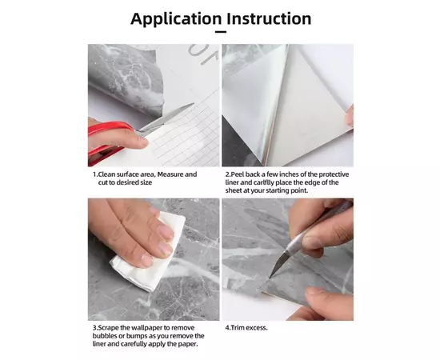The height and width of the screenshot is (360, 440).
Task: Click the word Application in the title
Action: [x=176, y=19]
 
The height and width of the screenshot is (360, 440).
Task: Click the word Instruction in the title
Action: [x=269, y=18]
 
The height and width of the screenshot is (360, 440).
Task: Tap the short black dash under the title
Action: [x=221, y=32]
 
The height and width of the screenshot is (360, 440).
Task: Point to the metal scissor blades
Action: [x=166, y=117]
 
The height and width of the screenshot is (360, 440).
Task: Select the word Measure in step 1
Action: [x=170, y=174]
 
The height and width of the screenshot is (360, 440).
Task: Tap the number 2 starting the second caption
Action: [x=227, y=174]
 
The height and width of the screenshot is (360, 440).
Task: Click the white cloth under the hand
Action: [x=148, y=253]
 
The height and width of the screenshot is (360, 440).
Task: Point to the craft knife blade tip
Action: [x=270, y=278]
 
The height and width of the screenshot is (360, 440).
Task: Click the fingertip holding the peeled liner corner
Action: [x=350, y=115]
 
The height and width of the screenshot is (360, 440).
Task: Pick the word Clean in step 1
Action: [x=106, y=174]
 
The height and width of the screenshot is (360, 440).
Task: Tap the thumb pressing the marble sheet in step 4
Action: [x=328, y=303]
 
